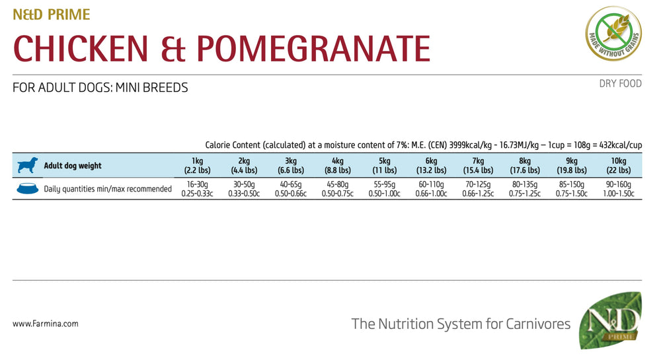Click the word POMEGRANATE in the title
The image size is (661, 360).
tap(314, 49)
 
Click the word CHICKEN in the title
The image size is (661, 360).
tap(87, 49)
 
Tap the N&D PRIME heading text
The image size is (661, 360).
tap(52, 15)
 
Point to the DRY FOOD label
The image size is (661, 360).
tap(621, 84)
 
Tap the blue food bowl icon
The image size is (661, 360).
tap(26, 189)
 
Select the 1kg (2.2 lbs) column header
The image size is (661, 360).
tap(197, 165)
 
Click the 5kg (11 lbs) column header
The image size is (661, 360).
tap(385, 165)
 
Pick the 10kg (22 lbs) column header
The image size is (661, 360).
tap(618, 165)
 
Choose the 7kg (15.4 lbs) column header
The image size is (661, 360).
tap(478, 165)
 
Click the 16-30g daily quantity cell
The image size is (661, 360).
tap(197, 189)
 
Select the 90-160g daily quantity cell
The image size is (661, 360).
tap(618, 189)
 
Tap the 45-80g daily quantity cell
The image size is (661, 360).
tap(338, 189)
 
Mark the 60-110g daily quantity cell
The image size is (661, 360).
tap(432, 189)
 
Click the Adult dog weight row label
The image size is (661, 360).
tap(73, 166)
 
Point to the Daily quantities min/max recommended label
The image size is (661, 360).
tap(108, 189)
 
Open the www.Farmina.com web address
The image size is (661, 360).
tap(46, 324)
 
